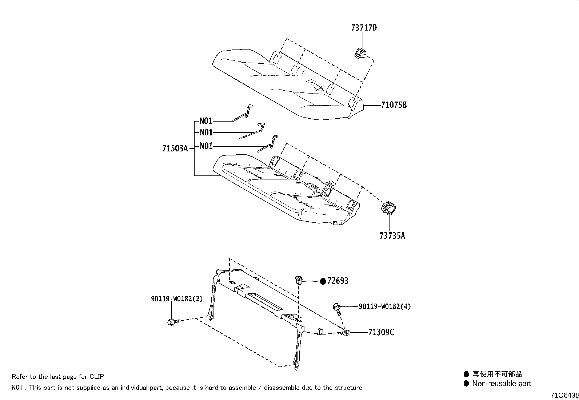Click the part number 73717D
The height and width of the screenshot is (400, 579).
click(364, 27)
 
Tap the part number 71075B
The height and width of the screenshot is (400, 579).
click(394, 105)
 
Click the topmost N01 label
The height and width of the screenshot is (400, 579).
click(206, 121)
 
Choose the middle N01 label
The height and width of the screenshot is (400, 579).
click(206, 132)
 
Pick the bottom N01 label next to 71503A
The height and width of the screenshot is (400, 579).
click(206, 146)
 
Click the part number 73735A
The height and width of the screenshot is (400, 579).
click(392, 236)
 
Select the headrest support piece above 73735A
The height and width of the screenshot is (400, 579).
click(388, 208)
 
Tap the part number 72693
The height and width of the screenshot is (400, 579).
click(338, 281)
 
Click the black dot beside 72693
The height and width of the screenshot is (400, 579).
click(323, 281)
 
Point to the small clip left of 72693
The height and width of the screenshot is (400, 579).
click(298, 280)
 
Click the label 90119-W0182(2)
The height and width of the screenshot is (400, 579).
click(177, 299)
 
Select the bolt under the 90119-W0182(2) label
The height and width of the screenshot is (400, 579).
click(172, 322)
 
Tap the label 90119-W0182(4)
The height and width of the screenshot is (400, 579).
click(385, 306)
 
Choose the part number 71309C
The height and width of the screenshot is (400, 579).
click(381, 332)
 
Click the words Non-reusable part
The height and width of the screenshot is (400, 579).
click(501, 383)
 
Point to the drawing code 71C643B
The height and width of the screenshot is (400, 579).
click(564, 395)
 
